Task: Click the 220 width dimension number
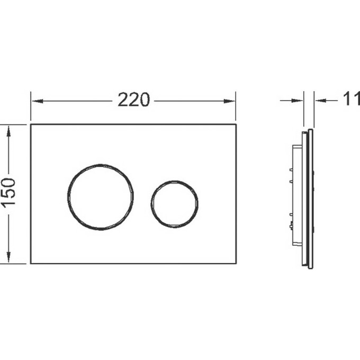(x=133, y=100)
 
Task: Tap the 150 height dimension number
(x=9, y=193)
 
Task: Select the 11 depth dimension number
(x=352, y=98)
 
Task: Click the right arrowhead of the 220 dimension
(x=229, y=101)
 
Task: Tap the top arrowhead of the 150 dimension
(x=8, y=131)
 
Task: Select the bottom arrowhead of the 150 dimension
(x=8, y=257)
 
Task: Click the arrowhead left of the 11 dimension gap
(x=298, y=101)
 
